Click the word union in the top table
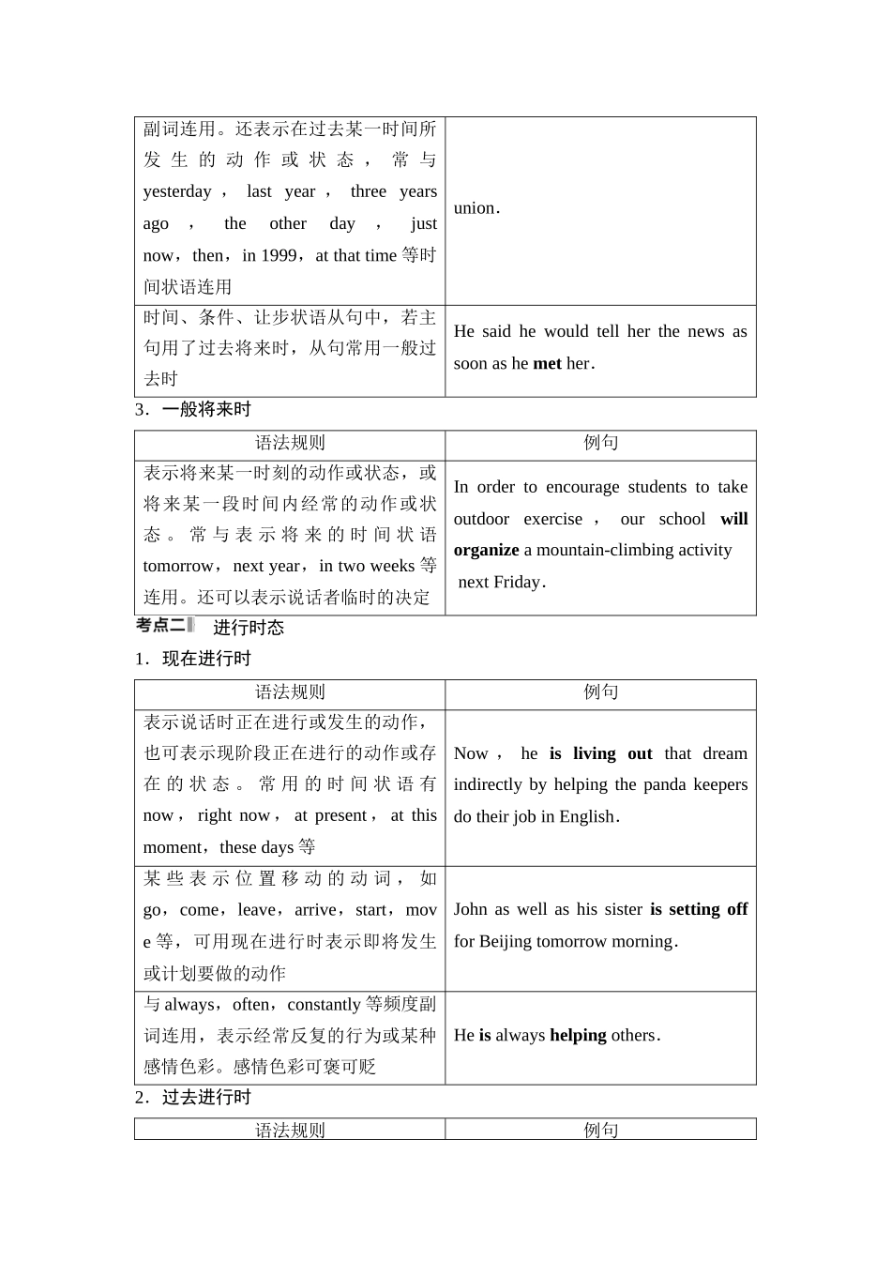(475, 208)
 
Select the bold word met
(547, 363)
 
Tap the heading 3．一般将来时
(193, 410)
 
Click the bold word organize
(486, 550)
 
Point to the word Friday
(518, 582)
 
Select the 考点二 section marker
(163, 626)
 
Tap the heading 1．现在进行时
(193, 659)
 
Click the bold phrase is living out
(600, 753)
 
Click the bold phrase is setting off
(699, 909)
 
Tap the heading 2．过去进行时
(193, 1098)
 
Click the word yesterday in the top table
(177, 191)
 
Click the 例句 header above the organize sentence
(600, 443)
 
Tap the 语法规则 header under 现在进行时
(290, 692)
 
